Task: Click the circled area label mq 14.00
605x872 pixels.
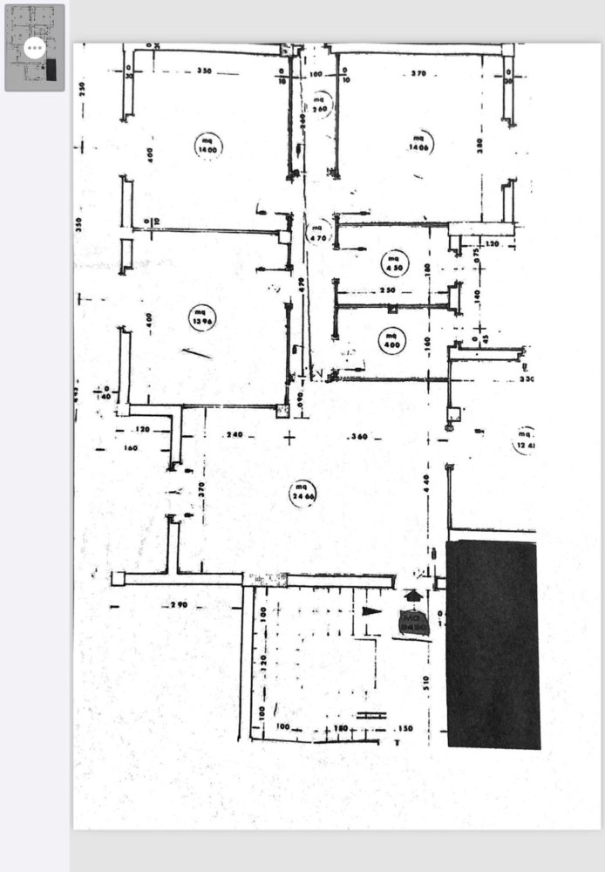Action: coord(208,146)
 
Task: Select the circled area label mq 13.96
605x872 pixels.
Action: coord(201,315)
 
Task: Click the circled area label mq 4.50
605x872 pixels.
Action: coord(393,262)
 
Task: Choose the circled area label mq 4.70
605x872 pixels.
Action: coord(318,231)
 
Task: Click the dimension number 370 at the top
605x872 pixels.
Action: coord(418,74)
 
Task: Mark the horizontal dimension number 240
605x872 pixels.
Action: coord(234,434)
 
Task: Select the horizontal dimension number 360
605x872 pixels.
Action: coord(357,436)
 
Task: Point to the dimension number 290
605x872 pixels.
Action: coord(179,603)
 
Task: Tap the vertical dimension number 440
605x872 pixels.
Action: coord(427,480)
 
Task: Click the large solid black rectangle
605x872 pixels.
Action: coord(492,644)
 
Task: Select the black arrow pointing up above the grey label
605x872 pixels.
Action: coord(413,596)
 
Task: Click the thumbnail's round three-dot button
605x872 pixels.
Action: coord(35,48)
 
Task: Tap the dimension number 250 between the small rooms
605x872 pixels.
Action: coord(388,290)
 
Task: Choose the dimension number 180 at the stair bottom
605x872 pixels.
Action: coord(341,726)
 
